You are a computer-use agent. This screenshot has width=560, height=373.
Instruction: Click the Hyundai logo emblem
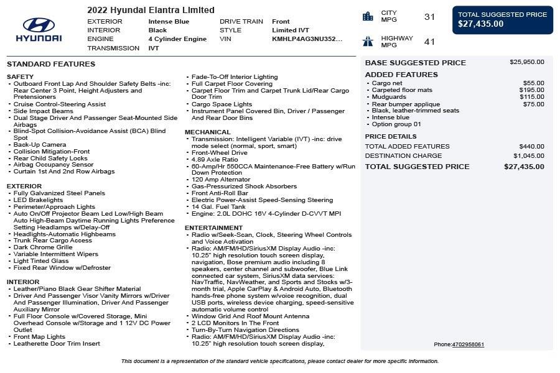pos(39,25)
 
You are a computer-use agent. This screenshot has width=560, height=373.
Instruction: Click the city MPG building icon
pos(368,17)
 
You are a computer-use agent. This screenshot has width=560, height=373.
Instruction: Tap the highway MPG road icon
pos(368,42)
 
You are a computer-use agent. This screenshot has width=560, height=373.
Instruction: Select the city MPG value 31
pos(429,17)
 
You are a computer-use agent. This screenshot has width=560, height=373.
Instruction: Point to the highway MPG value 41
pos(429,42)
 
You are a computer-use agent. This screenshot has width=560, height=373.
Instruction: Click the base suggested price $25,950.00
pos(526,62)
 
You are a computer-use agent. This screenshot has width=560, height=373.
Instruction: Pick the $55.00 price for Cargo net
pos(533,83)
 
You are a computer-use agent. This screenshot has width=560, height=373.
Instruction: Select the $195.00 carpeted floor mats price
pos(531,90)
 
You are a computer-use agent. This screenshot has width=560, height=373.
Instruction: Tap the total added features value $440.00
pos(531,146)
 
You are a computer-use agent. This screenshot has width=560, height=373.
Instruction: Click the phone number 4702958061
pos(468,344)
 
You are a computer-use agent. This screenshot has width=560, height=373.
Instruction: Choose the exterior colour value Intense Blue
pos(169,21)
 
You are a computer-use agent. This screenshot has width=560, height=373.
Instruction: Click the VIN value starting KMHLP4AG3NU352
pos(307,39)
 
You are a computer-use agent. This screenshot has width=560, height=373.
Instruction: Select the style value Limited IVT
pos(290,30)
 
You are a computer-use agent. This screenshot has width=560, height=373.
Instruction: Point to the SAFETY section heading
pos(20,76)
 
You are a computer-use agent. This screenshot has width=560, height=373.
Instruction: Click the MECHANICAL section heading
pos(208,132)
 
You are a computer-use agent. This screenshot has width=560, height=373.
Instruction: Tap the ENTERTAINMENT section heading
pos(213,228)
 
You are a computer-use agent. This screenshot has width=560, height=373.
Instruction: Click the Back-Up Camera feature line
pos(40,145)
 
